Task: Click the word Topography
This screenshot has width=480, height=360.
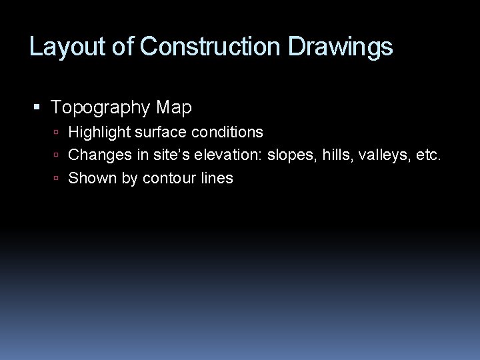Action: [101, 107]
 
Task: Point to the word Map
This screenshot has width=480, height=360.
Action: [175, 107]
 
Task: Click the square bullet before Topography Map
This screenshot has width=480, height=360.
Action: [37, 107]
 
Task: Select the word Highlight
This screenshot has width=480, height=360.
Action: [98, 133]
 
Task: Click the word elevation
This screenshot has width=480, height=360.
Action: [231, 155]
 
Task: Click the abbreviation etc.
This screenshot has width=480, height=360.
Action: [429, 155]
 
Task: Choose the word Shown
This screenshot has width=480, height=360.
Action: [92, 178]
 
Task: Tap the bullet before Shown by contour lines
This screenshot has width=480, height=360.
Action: [59, 179]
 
